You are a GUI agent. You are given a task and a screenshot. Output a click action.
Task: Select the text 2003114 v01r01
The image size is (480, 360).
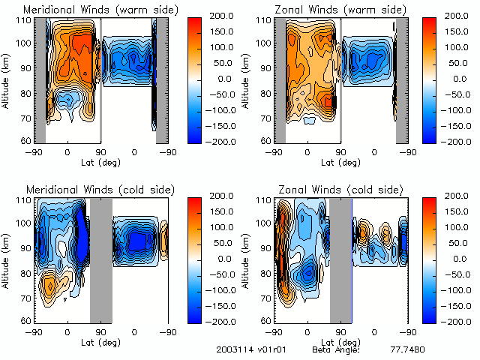tap(247, 350)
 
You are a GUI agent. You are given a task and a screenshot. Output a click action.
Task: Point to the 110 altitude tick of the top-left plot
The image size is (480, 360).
tap(25, 20)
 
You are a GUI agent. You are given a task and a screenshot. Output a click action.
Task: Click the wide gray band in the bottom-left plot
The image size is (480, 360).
tap(100, 259)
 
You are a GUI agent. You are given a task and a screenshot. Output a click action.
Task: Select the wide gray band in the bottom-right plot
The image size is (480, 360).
tap(340, 259)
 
